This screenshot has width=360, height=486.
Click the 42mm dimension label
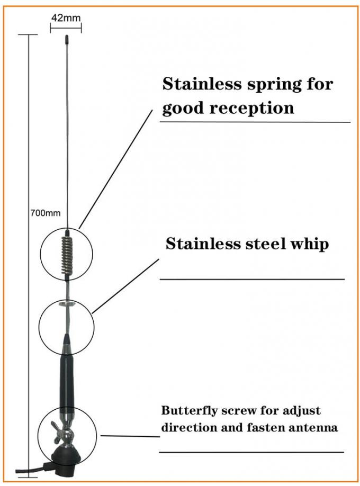click(x=66, y=17)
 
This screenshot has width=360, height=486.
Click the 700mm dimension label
click(x=46, y=213)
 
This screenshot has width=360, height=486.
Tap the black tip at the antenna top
click(x=67, y=40)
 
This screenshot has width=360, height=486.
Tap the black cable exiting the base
click(x=30, y=469)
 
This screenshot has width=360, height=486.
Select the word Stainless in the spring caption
click(x=202, y=84)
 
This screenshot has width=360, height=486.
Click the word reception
click(x=251, y=109)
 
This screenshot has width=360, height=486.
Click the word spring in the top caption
click(x=274, y=85)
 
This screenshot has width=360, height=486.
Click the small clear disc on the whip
click(x=67, y=304)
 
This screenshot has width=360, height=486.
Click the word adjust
click(x=302, y=411)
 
